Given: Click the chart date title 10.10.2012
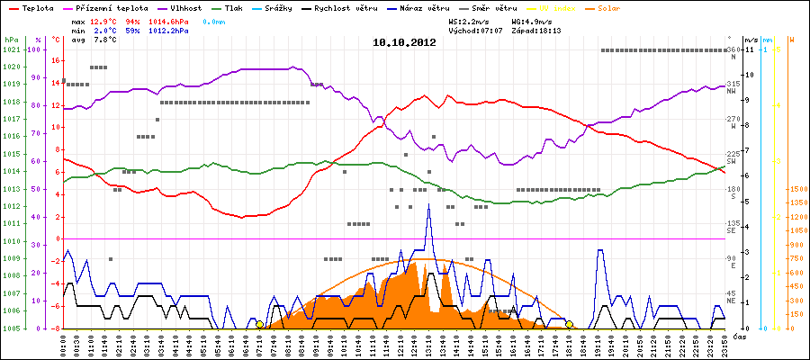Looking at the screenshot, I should point(404,42).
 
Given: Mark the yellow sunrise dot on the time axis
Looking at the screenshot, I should point(259,324).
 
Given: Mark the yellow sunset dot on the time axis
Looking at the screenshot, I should point(569,324).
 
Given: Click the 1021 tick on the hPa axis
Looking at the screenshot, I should point(12,49).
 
